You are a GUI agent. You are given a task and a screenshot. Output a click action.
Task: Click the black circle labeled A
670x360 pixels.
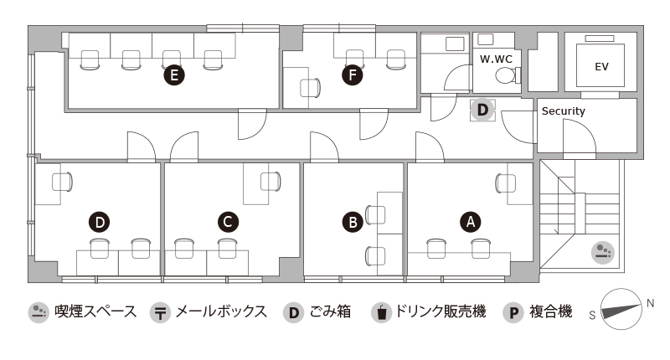point(471,222)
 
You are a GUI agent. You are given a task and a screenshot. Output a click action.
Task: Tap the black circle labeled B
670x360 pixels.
point(353,223)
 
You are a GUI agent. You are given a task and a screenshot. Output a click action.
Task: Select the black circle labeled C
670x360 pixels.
point(228,222)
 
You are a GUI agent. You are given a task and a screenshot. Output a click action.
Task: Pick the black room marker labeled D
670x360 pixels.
point(100,223)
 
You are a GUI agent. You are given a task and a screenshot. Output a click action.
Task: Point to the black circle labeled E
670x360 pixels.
point(174,75)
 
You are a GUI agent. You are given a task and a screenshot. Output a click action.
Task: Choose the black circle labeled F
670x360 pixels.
point(353,75)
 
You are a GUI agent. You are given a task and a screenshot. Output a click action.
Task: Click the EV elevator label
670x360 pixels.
point(601,67)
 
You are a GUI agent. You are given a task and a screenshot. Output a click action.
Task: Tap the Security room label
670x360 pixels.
point(563,111)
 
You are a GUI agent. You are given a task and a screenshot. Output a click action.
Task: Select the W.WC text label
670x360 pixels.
point(496,59)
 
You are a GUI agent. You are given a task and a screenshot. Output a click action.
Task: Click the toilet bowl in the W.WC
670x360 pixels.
point(506,76)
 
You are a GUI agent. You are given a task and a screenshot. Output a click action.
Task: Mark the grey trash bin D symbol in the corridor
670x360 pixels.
point(482,111)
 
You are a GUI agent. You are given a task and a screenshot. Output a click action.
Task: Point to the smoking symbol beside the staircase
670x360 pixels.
point(603,252)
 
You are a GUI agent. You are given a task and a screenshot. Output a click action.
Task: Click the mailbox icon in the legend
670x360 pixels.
point(160,312)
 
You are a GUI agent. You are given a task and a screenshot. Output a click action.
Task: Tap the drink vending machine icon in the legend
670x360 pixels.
point(382,312)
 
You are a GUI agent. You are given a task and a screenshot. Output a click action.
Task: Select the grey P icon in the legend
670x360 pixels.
point(513,312)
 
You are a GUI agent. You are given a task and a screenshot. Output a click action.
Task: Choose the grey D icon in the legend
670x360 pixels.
point(294,312)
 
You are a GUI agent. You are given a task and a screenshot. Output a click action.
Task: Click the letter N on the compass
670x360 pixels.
point(650,303)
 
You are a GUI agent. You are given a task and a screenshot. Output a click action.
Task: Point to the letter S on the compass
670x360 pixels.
point(592,315)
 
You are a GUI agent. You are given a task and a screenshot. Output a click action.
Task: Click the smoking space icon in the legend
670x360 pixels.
point(39,312)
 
